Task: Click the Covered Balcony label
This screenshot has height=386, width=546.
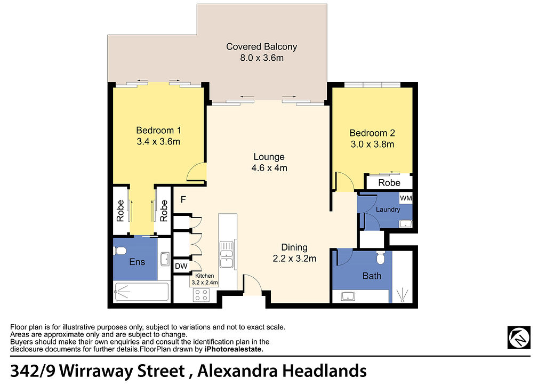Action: pyautogui.click(x=261, y=46)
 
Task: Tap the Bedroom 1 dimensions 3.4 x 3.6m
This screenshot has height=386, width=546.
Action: pyautogui.click(x=158, y=142)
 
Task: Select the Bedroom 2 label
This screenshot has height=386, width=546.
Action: pyautogui.click(x=372, y=133)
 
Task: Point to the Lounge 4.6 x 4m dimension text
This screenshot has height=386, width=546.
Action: pyautogui.click(x=269, y=168)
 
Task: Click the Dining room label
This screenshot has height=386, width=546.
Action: pyautogui.click(x=294, y=247)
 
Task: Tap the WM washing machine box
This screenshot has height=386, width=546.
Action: pyautogui.click(x=406, y=198)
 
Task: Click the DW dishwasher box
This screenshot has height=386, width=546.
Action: pyautogui.click(x=181, y=266)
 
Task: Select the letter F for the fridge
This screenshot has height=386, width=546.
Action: pyautogui.click(x=183, y=199)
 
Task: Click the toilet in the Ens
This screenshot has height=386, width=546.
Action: pyautogui.click(x=120, y=251)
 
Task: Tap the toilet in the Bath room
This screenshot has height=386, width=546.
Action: pyautogui.click(x=381, y=258)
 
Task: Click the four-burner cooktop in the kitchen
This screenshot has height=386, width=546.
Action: pyautogui.click(x=201, y=295)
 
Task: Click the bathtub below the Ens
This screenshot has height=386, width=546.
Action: pyautogui.click(x=142, y=292)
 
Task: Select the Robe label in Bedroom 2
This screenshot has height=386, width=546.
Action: pyautogui.click(x=389, y=183)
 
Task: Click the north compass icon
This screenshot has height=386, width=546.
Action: pyautogui.click(x=519, y=337)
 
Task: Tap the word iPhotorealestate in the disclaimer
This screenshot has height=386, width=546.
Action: pyautogui.click(x=234, y=349)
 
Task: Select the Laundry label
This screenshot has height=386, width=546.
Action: pyautogui.click(x=388, y=210)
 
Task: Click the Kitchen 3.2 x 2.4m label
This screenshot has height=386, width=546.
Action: pyautogui.click(x=205, y=279)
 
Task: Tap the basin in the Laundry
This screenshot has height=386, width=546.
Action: pyautogui.click(x=405, y=223)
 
